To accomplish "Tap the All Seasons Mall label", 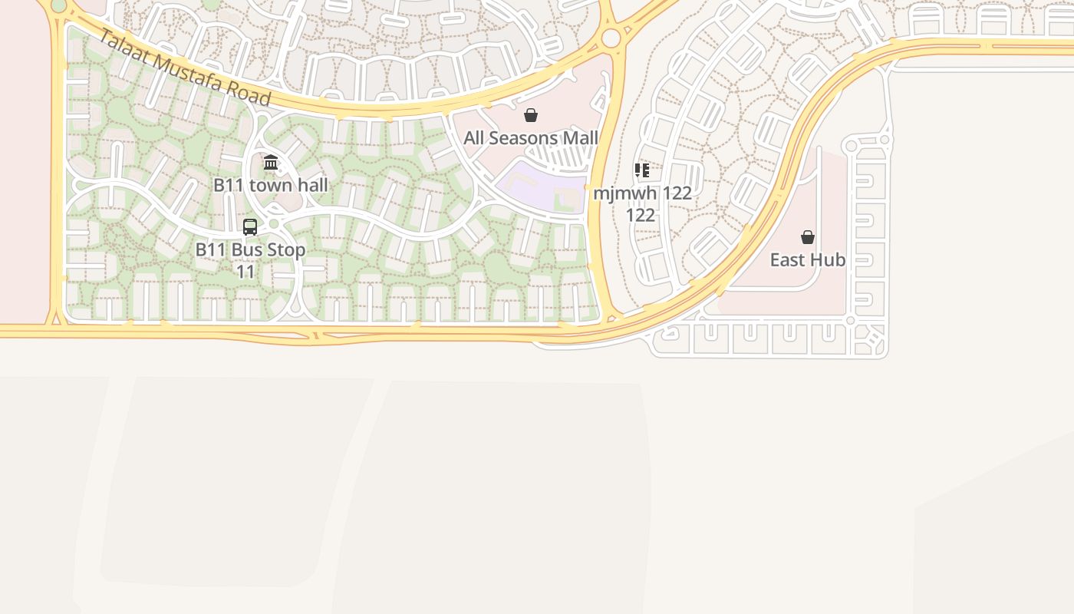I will pos(531,138).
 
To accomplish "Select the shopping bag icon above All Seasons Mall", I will pos(530,115).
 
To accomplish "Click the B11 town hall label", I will pos(270,185).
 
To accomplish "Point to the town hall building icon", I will pos(271,162).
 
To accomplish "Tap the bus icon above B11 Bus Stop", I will pos(250,226).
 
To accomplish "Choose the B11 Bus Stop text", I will pos(250,250).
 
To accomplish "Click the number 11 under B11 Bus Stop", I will pos(245,272).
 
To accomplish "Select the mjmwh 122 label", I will pos(642,193).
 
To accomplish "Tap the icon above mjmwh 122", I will pos(642,170).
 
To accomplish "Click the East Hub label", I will pos(808,260).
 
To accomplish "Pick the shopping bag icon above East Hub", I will pos(808,237).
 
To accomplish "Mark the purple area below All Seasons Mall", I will pos(537,188).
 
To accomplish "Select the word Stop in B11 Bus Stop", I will pos(288,250).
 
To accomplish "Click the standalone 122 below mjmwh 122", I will pos(641,215).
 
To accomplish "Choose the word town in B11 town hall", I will pos(270,185).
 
